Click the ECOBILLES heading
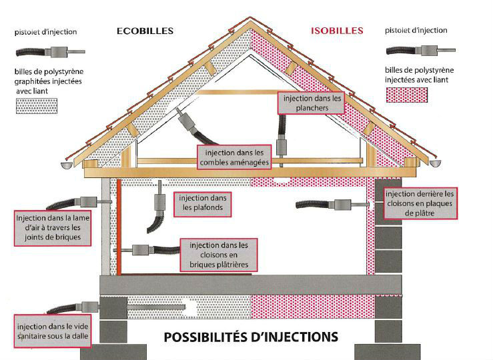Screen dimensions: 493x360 point(145,31)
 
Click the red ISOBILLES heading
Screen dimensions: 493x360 point(337,31)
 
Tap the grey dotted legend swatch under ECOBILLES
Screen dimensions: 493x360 point(37,106)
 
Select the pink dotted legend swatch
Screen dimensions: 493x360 point(406,95)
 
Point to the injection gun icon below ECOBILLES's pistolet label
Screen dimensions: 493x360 point(50,52)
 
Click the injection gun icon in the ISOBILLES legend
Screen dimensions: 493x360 point(421,50)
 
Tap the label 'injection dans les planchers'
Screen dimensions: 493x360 point(312,103)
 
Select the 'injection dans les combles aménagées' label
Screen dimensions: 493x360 point(234,157)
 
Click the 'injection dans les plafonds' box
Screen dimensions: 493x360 point(203,204)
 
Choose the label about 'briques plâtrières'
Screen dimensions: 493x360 point(219,255)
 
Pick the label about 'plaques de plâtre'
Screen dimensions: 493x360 point(420,203)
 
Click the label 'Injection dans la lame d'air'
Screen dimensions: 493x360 point(53,228)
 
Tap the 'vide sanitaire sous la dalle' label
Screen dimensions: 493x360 point(53,331)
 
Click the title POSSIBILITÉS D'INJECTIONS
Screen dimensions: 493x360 point(251,337)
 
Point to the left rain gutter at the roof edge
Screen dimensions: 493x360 point(66,165)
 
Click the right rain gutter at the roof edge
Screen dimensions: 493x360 point(435,163)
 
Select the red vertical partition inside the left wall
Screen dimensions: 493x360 point(119,227)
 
